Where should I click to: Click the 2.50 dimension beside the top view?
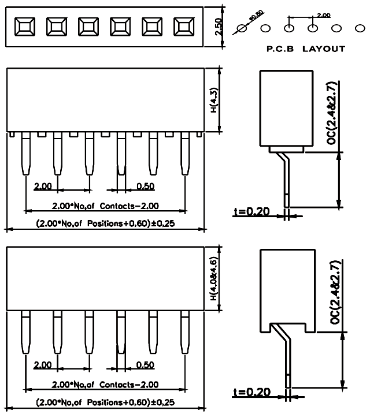(218, 26)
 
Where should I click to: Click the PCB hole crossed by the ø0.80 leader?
(243, 28)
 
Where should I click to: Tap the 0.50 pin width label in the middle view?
(145, 186)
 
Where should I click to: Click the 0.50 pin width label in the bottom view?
(145, 365)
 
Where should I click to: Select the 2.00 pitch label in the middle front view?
(42, 186)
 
